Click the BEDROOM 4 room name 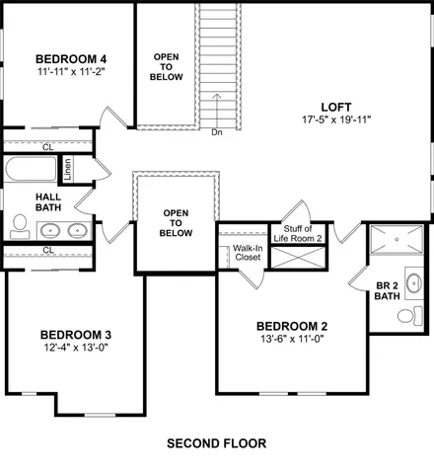coord(70,57)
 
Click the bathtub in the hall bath coord(30,169)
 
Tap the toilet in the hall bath coord(19,228)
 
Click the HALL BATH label coord(22,201)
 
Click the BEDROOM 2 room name coord(292,327)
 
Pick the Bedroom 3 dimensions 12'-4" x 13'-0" coord(75,348)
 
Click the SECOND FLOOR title coord(216,442)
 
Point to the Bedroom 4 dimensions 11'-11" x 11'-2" coord(70,71)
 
